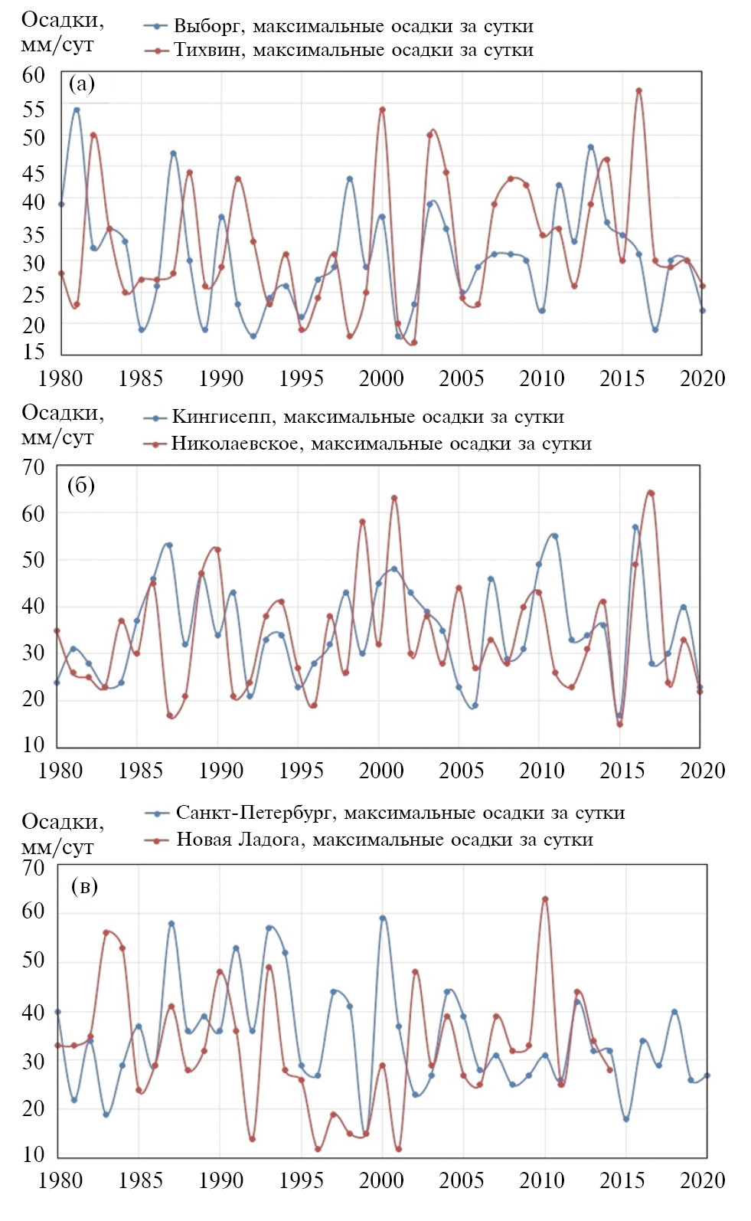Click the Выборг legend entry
[x=338, y=26]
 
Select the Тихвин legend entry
[x=338, y=51]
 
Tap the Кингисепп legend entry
[x=354, y=417]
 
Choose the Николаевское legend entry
[x=367, y=444]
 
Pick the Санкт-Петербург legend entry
[x=385, y=813]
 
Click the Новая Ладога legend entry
[x=370, y=840]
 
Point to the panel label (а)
[x=82, y=83]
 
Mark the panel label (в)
[x=84, y=886]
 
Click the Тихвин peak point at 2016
[x=638, y=90]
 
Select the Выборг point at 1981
[x=77, y=110]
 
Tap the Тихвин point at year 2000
[x=382, y=110]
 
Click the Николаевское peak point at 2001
[x=394, y=498]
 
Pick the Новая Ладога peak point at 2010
[x=545, y=899]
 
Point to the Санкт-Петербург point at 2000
[x=383, y=918]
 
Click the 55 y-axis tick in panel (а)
[x=34, y=110]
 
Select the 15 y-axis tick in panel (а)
[x=34, y=352]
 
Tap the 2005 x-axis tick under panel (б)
[x=461, y=770]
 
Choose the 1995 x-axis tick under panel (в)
[x=301, y=1180]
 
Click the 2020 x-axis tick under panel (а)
[x=702, y=378]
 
